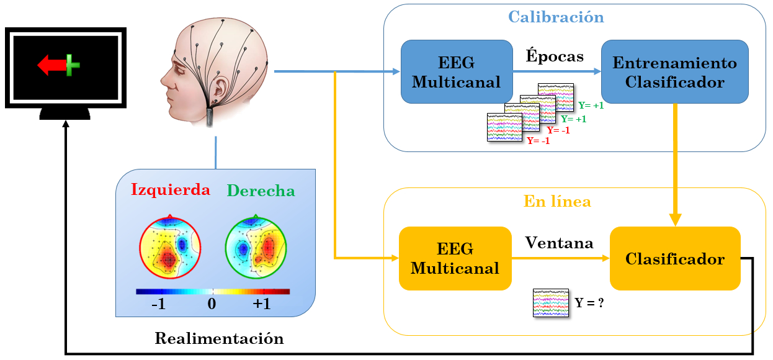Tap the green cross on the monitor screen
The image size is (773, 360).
click(x=73, y=65)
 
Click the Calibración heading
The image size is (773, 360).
click(x=555, y=17)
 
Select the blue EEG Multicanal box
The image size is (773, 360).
click(x=456, y=72)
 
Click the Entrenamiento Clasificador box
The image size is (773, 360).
click(x=674, y=72)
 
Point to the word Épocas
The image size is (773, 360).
click(x=555, y=56)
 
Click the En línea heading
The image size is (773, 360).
click(x=556, y=202)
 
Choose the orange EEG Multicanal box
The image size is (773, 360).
click(x=455, y=258)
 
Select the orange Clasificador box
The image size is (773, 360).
click(x=675, y=258)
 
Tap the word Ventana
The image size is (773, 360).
click(x=559, y=243)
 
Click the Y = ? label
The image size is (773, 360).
click(x=589, y=304)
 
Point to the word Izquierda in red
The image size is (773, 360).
click(x=171, y=190)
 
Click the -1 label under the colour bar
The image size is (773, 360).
click(x=158, y=305)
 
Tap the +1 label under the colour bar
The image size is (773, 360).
click(x=261, y=305)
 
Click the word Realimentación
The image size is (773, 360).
click(x=219, y=339)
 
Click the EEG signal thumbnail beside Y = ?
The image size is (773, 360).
click(x=551, y=303)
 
